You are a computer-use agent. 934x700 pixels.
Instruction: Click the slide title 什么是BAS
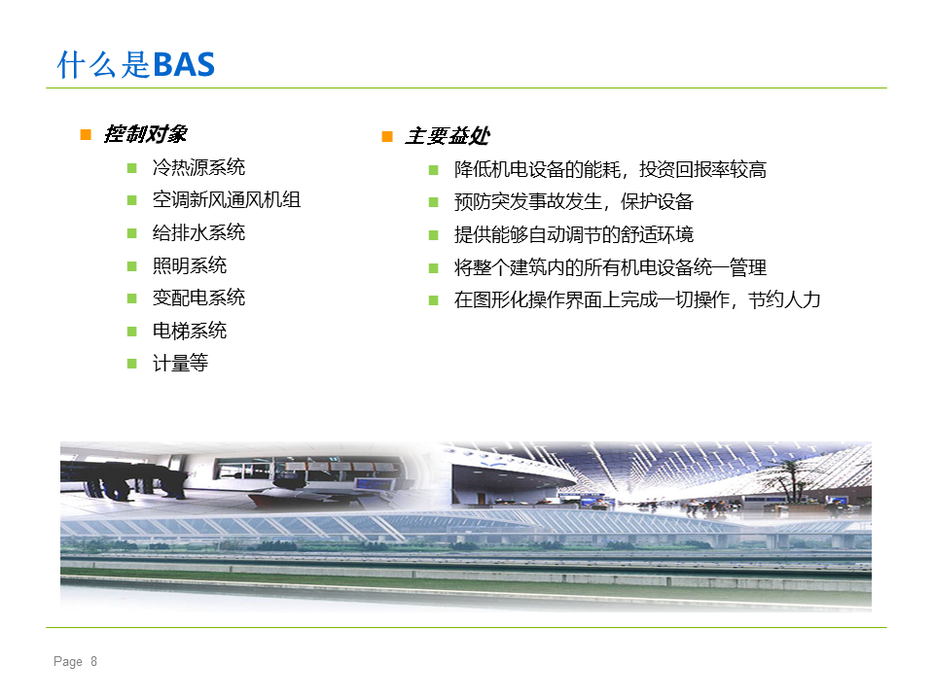[136, 64]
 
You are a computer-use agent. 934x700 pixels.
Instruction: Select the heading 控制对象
[145, 134]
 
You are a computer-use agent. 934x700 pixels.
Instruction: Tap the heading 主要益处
[448, 136]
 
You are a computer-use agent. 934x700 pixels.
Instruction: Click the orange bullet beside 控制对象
[86, 134]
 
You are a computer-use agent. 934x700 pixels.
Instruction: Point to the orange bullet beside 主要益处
[387, 136]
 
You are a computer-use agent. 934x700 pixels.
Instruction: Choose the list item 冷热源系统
[198, 167]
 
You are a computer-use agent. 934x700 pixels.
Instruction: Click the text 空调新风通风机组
[227, 199]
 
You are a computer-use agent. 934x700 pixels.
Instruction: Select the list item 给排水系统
[198, 232]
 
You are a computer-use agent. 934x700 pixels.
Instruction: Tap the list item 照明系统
[190, 264]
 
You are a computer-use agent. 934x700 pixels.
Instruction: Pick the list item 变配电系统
[198, 297]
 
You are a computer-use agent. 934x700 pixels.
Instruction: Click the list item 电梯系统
[190, 330]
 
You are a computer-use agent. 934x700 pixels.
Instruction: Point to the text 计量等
[181, 363]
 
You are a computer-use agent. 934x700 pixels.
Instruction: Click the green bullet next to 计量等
[132, 363]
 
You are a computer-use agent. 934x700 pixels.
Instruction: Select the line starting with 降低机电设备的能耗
[610, 169]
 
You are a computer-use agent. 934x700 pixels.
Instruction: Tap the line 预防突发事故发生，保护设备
[574, 202]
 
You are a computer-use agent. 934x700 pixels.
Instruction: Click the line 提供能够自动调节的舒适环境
[574, 234]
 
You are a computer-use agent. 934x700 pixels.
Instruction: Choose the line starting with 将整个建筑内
[610, 267]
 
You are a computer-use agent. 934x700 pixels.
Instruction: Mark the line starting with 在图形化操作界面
[637, 299]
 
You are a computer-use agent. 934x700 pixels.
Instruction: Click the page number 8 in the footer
[93, 661]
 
